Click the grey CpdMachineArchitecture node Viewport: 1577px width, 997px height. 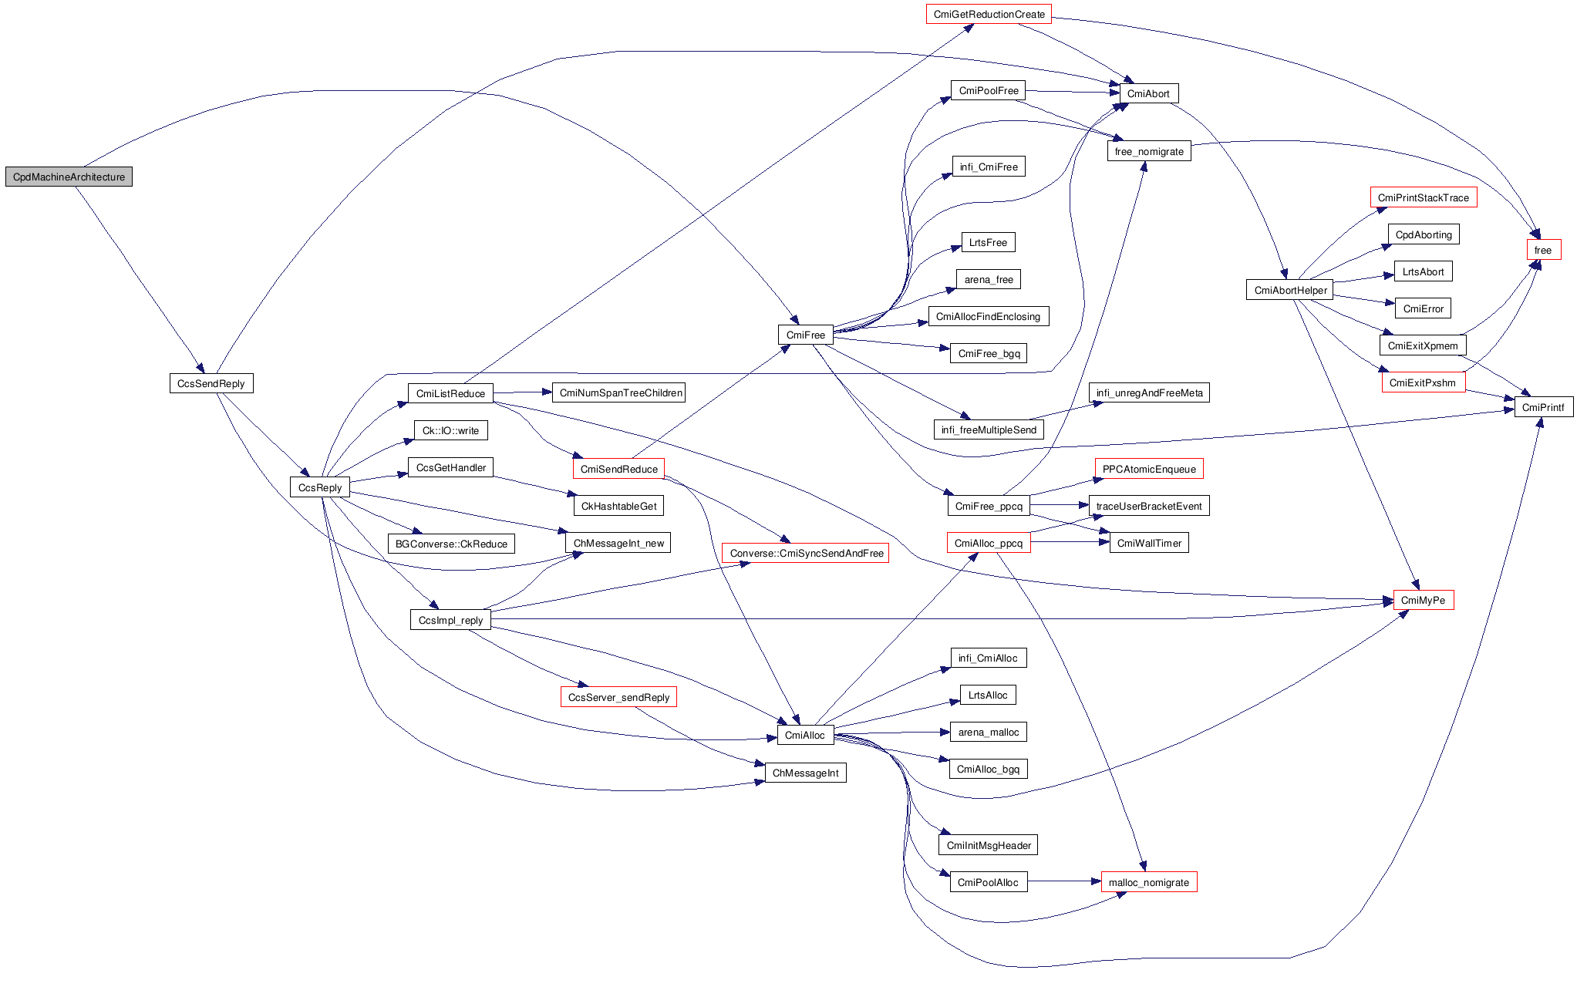[x=69, y=177]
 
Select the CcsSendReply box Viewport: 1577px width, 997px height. [x=211, y=383]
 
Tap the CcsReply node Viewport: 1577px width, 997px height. [x=319, y=487]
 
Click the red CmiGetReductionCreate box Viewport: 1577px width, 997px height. [x=988, y=14]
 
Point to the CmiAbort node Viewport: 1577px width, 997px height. [x=1147, y=93]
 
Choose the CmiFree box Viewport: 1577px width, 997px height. [x=805, y=335]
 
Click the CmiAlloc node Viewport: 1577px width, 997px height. [x=804, y=735]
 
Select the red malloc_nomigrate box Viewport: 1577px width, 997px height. [x=1148, y=882]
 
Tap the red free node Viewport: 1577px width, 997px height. [x=1542, y=250]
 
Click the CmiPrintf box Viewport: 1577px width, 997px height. [x=1542, y=407]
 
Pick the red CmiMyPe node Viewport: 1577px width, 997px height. [x=1423, y=600]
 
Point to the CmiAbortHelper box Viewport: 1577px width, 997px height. [x=1290, y=290]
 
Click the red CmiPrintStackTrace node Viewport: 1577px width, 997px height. [x=1423, y=197]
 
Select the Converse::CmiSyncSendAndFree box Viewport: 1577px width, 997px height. [x=806, y=553]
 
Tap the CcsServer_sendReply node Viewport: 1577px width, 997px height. [x=618, y=697]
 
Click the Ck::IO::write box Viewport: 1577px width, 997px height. [x=450, y=430]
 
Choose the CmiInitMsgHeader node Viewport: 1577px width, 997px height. [x=988, y=845]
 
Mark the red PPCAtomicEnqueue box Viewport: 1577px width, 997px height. [x=1148, y=469]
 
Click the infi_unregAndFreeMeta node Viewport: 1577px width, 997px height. [x=1149, y=392]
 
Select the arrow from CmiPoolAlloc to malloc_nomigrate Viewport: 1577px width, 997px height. [x=1064, y=881]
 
